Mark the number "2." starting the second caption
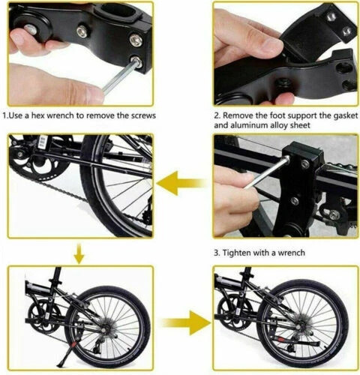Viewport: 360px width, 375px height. click(x=217, y=116)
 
